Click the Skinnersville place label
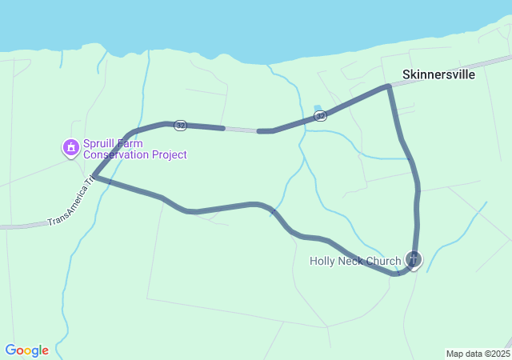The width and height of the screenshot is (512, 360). point(438,74)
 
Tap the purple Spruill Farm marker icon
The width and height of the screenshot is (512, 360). point(71,147)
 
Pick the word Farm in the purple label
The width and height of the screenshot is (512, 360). point(131,143)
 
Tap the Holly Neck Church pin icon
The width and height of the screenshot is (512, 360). point(413,259)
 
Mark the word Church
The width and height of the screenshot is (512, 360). point(384,261)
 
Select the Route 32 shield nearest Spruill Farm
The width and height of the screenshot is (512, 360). point(181,126)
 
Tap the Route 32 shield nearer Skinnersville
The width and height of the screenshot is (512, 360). point(320,116)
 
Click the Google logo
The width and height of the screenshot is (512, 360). point(27,350)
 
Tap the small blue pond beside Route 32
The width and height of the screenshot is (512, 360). point(318,108)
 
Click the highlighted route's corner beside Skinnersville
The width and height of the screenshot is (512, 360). point(389,86)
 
